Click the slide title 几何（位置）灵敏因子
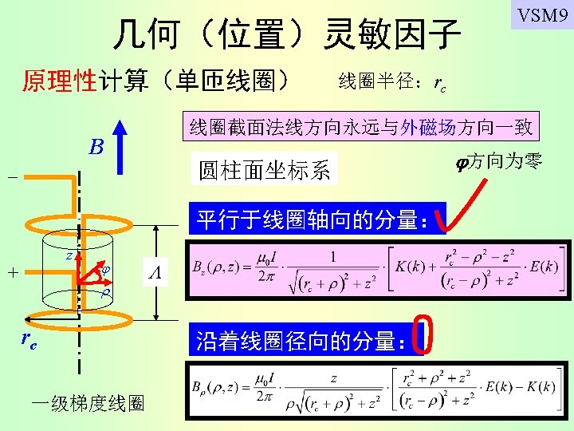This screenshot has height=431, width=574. (287, 34)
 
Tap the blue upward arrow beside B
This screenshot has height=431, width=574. (120, 146)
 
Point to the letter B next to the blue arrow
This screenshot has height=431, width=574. (96, 147)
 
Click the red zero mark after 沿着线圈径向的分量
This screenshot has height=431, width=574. (424, 335)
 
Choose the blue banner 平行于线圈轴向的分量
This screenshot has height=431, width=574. (316, 219)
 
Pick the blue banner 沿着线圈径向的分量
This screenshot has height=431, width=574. (302, 341)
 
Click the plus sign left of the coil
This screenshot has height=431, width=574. (13, 272)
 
